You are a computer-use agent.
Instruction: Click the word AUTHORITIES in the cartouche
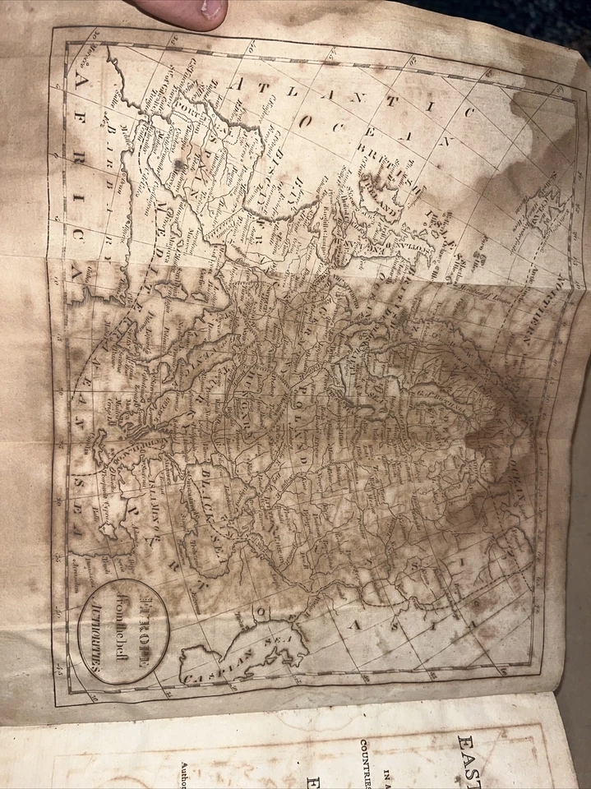(x=99, y=634)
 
